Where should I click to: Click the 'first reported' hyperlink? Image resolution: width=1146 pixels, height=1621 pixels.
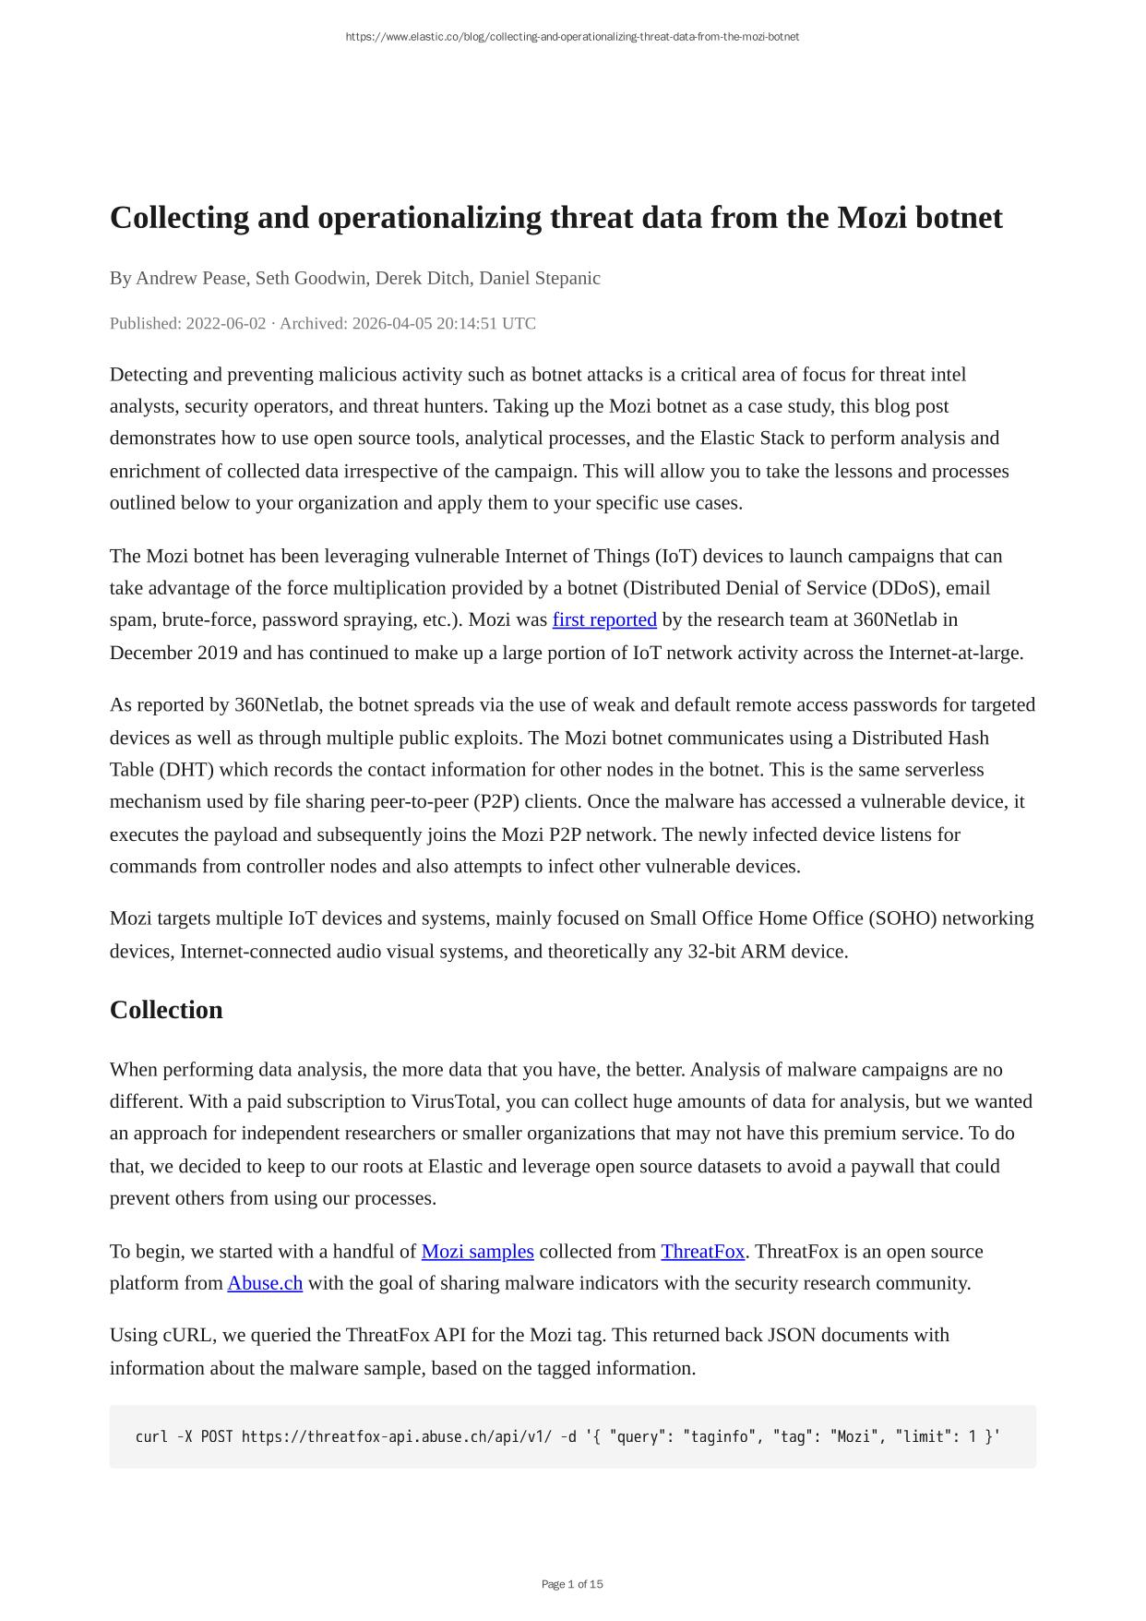pyautogui.click(x=604, y=619)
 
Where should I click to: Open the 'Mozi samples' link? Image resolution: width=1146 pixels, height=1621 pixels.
pyautogui.click(x=477, y=1251)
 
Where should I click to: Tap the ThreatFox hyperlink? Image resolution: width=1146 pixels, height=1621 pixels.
pyautogui.click(x=702, y=1251)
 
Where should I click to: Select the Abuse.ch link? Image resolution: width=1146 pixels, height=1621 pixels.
pyautogui.click(x=265, y=1283)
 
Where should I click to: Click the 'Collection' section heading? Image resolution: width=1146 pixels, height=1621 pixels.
pyautogui.click(x=166, y=1010)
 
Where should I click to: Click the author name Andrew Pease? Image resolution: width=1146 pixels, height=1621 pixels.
pyautogui.click(x=191, y=278)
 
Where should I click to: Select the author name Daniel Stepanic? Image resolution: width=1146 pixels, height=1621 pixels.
pyautogui.click(x=540, y=278)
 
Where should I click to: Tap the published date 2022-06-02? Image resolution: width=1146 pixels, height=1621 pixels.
pyautogui.click(x=226, y=323)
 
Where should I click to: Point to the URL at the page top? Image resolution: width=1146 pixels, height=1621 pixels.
pyautogui.click(x=572, y=37)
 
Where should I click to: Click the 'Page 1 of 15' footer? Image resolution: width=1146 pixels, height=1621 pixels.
pyautogui.click(x=572, y=1584)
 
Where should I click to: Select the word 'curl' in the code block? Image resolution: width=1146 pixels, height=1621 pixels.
pyautogui.click(x=151, y=1436)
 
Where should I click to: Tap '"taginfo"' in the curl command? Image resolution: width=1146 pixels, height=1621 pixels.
pyautogui.click(x=714, y=1436)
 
